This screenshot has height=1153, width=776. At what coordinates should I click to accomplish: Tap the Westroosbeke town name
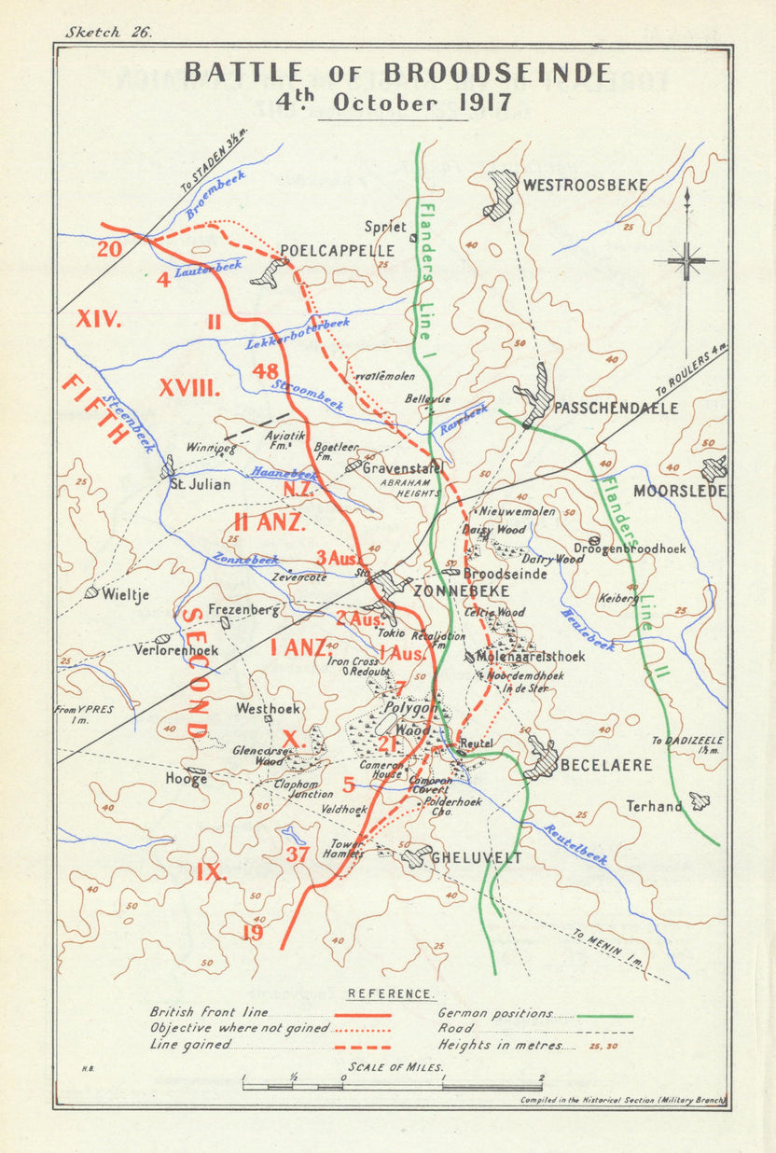(x=585, y=185)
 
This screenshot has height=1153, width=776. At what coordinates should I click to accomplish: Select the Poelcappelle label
(x=338, y=251)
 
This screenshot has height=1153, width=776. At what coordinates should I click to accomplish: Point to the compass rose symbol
(x=686, y=259)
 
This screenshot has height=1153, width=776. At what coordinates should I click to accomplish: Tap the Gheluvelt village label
(x=478, y=858)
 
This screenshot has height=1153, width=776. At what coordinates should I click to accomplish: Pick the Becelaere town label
(x=606, y=765)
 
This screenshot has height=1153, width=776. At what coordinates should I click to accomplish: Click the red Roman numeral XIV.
(x=99, y=320)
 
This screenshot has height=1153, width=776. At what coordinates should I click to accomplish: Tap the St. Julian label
(x=200, y=484)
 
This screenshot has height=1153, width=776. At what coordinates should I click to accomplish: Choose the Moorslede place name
(x=679, y=491)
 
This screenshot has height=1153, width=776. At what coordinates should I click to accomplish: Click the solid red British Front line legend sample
(x=363, y=1012)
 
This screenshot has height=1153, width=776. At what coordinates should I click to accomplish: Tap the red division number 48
(x=265, y=371)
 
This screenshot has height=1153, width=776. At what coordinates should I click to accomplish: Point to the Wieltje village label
(x=126, y=594)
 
